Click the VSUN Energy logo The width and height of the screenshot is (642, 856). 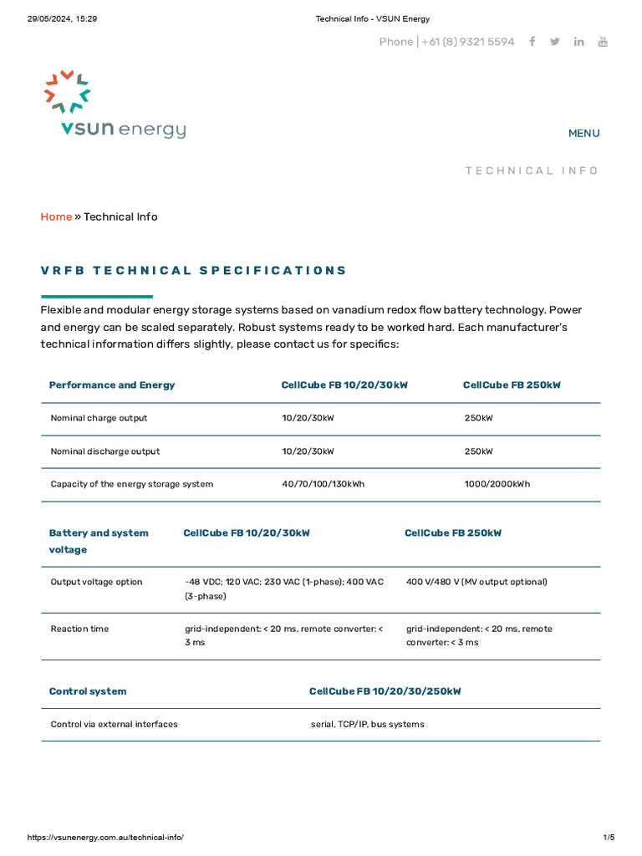point(115,105)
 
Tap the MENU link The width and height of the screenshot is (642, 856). point(583,133)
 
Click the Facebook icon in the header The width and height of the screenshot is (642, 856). point(532,42)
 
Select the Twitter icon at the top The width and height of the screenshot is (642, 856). point(555,42)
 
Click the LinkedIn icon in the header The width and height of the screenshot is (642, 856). point(578,42)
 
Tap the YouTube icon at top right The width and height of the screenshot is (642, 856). point(603,42)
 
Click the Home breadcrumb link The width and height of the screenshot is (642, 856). point(56,217)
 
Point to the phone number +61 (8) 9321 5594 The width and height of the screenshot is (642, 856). point(467,42)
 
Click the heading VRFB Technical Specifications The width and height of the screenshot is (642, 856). point(194,270)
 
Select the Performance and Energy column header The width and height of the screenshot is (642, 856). point(112,385)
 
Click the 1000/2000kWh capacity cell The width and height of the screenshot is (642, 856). point(497,484)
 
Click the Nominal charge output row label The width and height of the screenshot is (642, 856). point(99,418)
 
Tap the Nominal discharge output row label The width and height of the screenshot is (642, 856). point(104,451)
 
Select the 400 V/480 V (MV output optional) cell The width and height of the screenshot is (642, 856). point(476,582)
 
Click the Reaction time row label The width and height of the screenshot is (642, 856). point(79,629)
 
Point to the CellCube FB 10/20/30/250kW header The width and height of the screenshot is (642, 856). point(385,691)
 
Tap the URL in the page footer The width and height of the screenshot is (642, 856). point(105,838)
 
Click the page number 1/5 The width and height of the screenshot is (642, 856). point(608,838)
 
